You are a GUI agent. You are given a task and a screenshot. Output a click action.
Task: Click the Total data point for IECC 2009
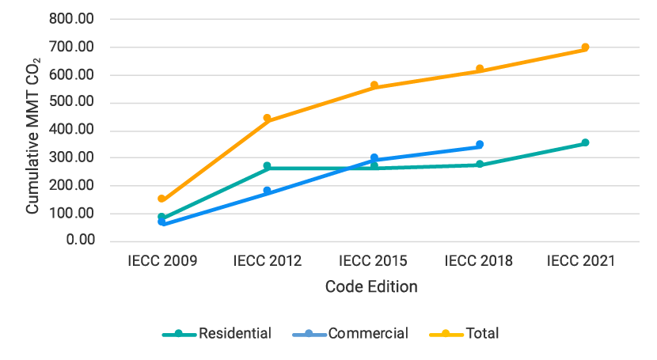click(161, 199)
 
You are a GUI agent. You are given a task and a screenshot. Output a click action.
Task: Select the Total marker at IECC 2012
click(268, 119)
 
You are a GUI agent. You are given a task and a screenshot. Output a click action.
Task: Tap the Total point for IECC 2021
click(585, 47)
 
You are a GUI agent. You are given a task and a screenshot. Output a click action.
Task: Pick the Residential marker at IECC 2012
click(268, 166)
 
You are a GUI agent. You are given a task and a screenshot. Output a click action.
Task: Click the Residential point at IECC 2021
click(585, 143)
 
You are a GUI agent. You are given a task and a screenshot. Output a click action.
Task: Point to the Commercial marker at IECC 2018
click(480, 145)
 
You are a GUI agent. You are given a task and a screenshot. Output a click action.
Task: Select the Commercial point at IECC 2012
click(268, 191)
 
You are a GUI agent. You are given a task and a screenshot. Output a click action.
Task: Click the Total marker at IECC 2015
click(374, 85)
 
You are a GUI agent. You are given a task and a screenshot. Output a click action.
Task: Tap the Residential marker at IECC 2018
click(480, 165)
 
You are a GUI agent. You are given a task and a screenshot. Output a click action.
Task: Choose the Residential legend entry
click(217, 333)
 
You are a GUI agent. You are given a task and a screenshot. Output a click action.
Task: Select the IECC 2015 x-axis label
click(374, 261)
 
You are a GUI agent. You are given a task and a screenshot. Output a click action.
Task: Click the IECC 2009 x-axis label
click(161, 261)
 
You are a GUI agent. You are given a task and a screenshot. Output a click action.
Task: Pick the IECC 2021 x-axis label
click(585, 261)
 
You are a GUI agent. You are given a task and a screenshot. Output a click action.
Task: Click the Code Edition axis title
click(371, 286)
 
